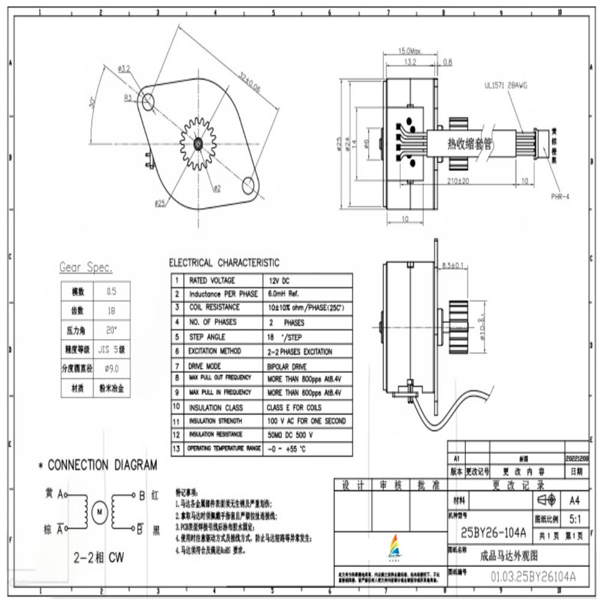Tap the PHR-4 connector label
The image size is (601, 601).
tap(560, 197)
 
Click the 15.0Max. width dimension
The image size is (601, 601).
tap(410, 51)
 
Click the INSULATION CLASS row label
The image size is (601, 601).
tap(216, 407)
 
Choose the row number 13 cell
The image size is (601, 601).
tap(176, 449)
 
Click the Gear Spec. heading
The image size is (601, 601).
tap(85, 267)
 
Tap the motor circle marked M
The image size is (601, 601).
tap(99, 511)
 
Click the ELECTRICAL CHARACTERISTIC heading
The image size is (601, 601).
tap(224, 263)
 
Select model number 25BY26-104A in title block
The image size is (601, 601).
tap(493, 532)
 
